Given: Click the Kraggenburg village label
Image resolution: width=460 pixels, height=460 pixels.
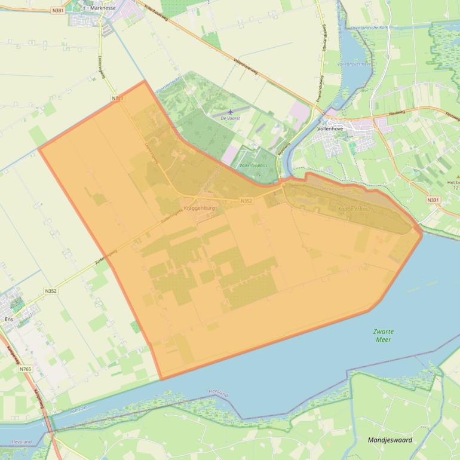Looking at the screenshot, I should (200, 208).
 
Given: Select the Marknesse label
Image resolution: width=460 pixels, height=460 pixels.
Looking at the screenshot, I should (103, 9).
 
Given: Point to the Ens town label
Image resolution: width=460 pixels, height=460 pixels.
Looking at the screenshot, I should (8, 320).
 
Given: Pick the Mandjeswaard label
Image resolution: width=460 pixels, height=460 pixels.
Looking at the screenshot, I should (390, 440).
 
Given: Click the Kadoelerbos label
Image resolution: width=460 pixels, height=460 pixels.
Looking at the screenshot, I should (354, 209).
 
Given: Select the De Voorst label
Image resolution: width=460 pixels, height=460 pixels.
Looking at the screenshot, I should (229, 119).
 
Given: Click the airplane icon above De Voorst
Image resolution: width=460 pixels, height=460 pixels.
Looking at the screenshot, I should (231, 111).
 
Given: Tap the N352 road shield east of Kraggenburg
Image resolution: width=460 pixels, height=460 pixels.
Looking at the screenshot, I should (247, 201).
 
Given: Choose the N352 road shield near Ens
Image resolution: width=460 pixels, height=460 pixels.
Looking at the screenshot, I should (50, 291).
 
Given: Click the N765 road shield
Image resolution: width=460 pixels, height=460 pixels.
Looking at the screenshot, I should (24, 369).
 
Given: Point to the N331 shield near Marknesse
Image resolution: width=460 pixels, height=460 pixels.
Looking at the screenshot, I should (58, 10).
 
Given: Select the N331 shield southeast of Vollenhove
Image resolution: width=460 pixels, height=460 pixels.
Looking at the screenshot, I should (433, 200).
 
